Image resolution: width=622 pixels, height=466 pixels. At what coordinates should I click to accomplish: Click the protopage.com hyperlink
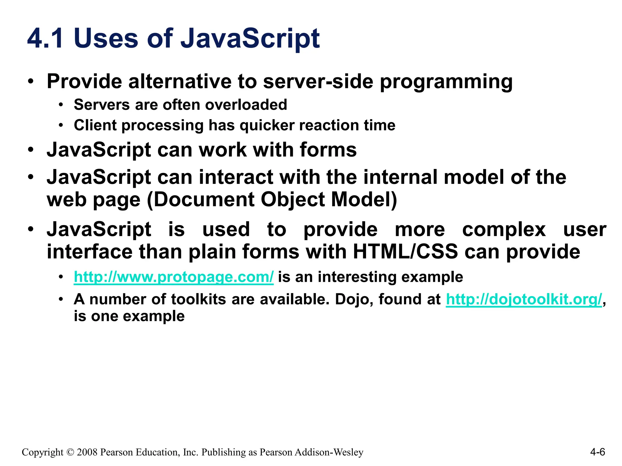(173, 277)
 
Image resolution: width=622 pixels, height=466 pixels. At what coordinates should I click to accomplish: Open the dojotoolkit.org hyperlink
(524, 299)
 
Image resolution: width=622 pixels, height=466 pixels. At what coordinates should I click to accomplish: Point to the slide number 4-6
(597, 452)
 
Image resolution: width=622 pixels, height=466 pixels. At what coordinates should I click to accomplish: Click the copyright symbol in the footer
(70, 452)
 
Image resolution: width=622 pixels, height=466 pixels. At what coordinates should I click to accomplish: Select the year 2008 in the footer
(87, 452)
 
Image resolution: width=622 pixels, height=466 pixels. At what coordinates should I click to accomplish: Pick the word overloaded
(246, 105)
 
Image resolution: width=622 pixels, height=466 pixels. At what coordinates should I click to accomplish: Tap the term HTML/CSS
(405, 252)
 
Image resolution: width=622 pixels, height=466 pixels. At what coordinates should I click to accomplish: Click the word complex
(504, 230)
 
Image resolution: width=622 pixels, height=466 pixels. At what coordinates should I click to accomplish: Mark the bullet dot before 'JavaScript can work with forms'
(30, 150)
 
